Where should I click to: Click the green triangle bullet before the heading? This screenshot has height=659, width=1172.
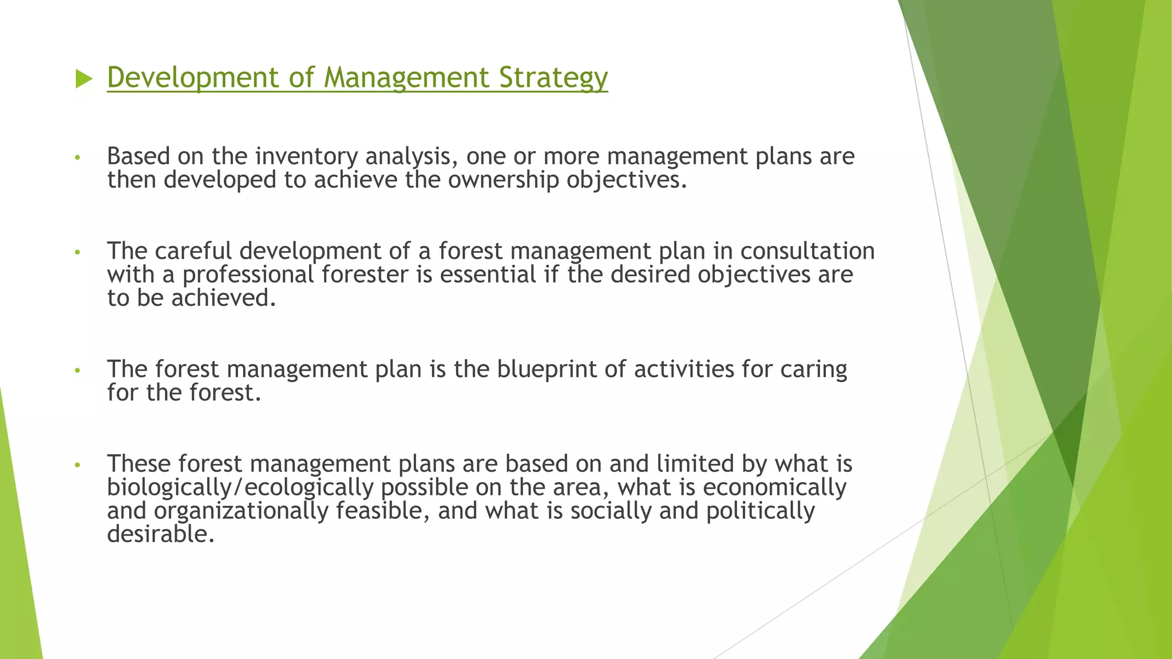[x=84, y=79]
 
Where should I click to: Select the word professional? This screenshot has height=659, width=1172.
[x=248, y=275]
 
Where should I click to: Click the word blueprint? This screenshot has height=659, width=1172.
[x=547, y=370]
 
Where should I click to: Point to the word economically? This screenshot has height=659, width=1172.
[x=774, y=488]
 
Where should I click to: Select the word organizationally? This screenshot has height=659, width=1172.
[x=241, y=511]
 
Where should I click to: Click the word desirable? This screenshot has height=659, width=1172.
[x=160, y=535]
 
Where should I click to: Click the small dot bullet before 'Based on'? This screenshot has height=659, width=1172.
[x=77, y=157]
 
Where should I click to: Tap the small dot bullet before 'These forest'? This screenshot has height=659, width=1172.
[x=77, y=465]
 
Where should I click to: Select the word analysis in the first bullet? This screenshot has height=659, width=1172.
[x=411, y=157]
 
